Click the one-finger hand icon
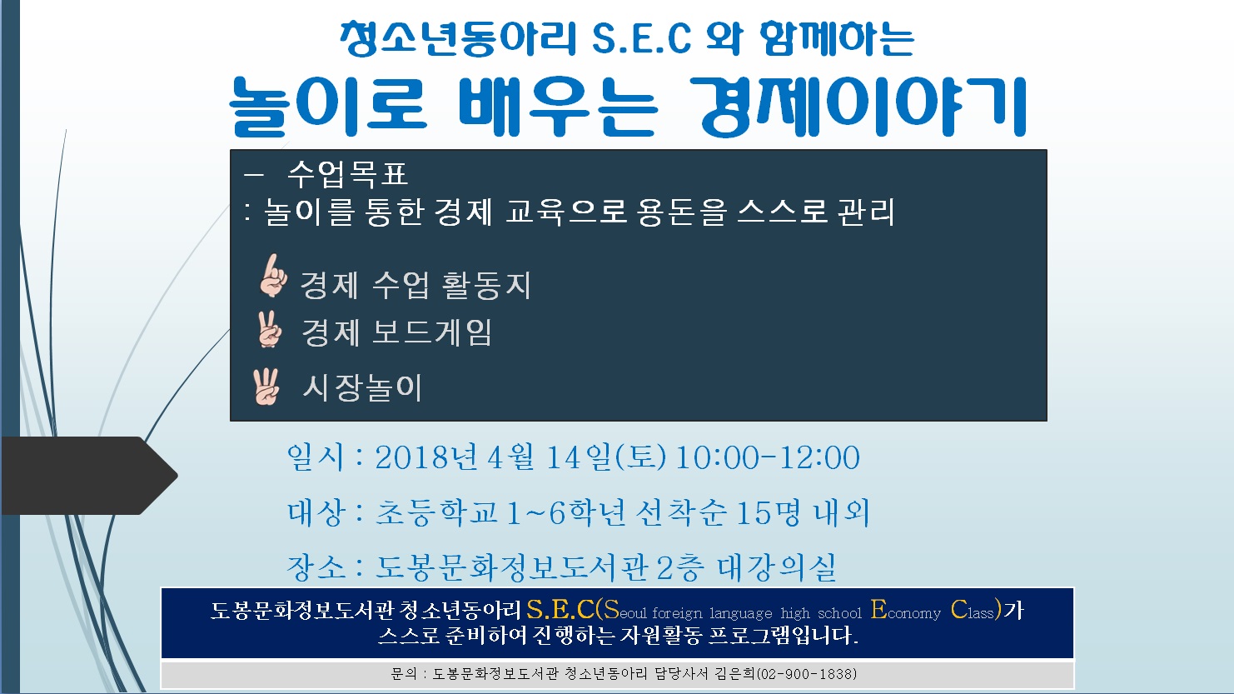(x=272, y=276)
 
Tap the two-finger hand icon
(x=270, y=329)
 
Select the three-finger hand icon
(x=266, y=387)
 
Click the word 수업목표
(x=347, y=174)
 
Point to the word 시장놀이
(x=362, y=387)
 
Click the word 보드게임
(x=432, y=332)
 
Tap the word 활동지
(x=486, y=285)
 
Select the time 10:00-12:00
(x=768, y=457)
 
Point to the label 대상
(x=316, y=512)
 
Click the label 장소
(x=316, y=567)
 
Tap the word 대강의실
(x=778, y=567)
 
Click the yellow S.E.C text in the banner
(x=560, y=610)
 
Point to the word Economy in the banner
(x=906, y=611)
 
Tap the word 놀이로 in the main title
(x=328, y=107)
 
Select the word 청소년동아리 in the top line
(x=458, y=38)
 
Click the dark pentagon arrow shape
(x=89, y=476)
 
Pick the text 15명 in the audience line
(x=769, y=512)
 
